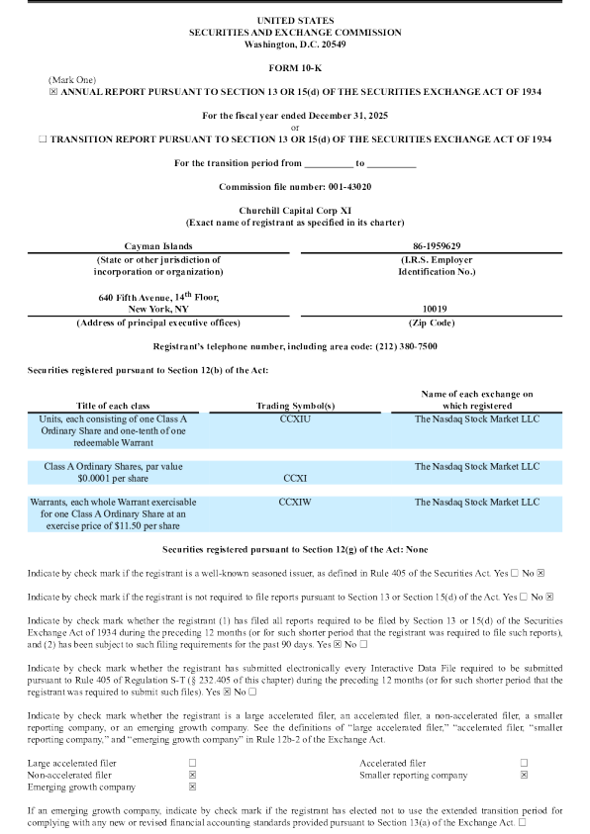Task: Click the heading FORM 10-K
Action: [295, 66]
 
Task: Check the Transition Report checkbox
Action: [43, 139]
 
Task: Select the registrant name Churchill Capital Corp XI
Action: [294, 211]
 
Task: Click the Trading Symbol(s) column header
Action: [295, 406]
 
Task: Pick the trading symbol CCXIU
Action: [295, 419]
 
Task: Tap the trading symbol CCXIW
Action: [295, 503]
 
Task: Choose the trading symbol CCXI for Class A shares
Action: [295, 477]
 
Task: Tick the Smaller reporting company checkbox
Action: [524, 775]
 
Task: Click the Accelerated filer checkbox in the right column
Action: [524, 763]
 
